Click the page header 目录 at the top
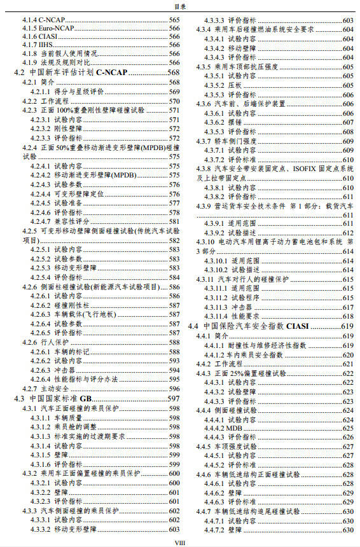180,6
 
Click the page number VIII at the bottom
180,541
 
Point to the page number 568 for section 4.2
173,73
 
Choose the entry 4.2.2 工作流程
49,101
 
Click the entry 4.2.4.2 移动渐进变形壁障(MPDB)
81,174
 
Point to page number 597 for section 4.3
173,398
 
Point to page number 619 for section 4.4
347,326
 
